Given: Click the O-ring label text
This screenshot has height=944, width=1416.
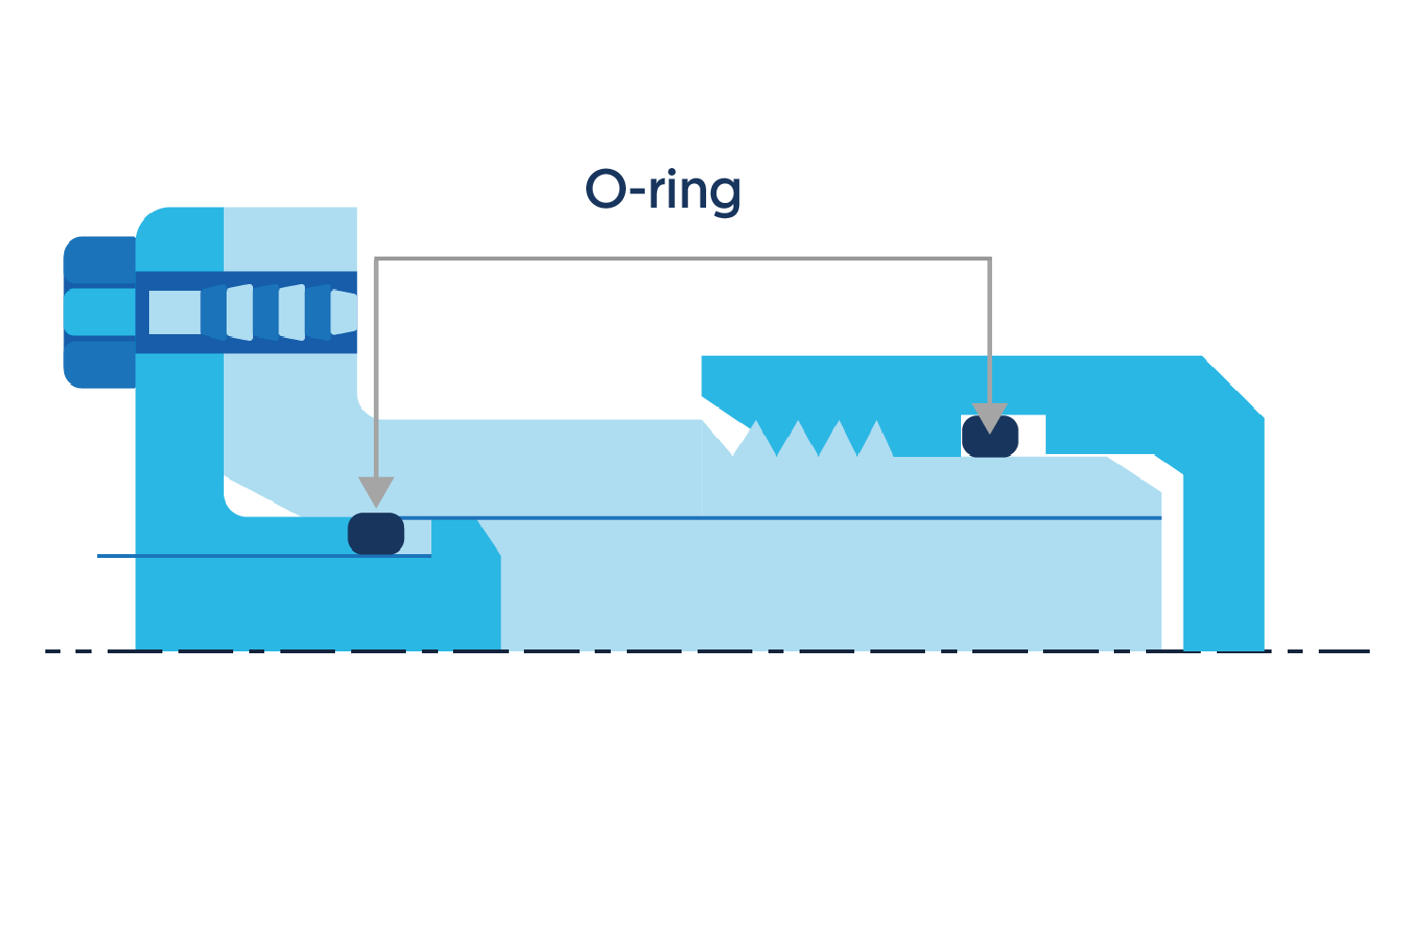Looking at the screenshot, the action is click(663, 192).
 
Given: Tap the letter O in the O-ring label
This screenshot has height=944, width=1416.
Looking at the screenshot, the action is click(606, 189).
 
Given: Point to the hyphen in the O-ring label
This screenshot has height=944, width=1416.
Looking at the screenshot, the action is click(638, 191).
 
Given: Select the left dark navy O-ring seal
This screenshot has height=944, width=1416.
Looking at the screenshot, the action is click(376, 533).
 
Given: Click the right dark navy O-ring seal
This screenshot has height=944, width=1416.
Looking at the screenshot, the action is click(990, 436).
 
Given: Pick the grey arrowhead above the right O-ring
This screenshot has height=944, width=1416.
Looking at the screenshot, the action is click(990, 417).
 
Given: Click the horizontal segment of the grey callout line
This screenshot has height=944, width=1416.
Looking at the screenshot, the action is click(683, 259).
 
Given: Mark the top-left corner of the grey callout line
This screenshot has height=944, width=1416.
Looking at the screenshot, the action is click(376, 259).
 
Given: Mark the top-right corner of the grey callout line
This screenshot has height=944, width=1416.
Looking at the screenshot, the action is click(990, 259).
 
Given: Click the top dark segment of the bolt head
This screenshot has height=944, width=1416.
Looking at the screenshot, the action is click(100, 261).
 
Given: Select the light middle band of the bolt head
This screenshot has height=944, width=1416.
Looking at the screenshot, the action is click(100, 312).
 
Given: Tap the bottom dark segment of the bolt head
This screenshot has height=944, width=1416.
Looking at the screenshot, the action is click(100, 364).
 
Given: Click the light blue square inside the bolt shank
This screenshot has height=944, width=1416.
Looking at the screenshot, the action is click(175, 312).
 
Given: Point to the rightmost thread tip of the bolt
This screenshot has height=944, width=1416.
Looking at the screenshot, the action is click(344, 312).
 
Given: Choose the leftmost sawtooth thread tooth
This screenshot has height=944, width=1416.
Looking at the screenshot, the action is click(755, 438).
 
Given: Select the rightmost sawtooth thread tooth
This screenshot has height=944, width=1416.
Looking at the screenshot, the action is click(875, 438).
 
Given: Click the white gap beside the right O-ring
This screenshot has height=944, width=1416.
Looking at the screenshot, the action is click(1032, 434).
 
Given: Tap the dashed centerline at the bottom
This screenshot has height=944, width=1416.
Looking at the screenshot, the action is click(707, 650).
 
